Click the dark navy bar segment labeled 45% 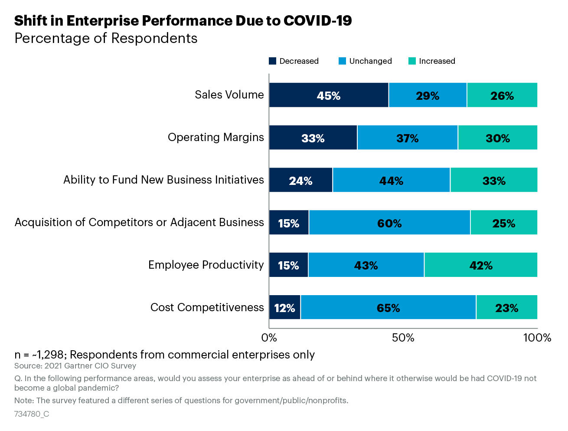[329, 95]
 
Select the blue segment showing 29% [428, 95]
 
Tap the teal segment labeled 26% [502, 95]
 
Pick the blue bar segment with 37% [407, 138]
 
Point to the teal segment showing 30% [497, 138]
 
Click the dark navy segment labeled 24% [300, 180]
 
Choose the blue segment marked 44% [391, 180]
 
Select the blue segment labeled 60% [389, 222]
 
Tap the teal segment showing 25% [504, 222]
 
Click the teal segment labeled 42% [480, 265]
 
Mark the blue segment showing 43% [366, 265]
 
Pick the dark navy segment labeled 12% [284, 307]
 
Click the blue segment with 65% [388, 307]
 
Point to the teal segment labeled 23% [506, 307]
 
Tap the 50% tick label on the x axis [403, 338]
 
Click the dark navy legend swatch [272, 61]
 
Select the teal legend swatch [412, 61]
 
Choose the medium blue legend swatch [342, 61]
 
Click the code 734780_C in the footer [32, 414]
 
